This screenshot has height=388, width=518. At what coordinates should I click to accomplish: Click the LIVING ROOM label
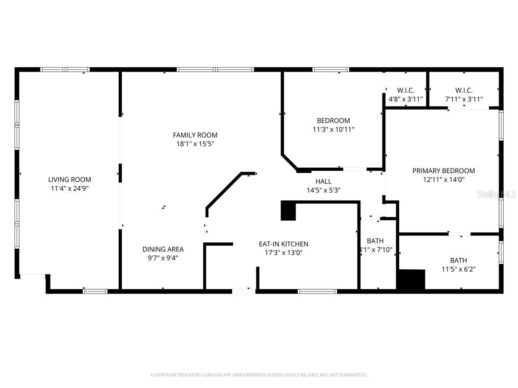(x=69, y=179)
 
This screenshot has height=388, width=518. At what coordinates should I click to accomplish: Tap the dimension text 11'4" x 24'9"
(x=69, y=188)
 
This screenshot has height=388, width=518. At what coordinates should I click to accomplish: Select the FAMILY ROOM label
(x=195, y=135)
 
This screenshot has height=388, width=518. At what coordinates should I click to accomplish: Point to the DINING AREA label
(x=163, y=249)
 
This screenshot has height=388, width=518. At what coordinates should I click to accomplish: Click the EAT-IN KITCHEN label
(x=283, y=244)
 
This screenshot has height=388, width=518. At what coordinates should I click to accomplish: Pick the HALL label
(x=323, y=181)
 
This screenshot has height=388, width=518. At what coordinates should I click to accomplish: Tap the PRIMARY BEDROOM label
(x=443, y=171)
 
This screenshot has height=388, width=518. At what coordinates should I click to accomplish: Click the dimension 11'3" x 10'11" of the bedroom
(x=333, y=129)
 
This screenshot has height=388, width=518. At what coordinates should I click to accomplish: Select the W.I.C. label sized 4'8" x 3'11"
(x=405, y=90)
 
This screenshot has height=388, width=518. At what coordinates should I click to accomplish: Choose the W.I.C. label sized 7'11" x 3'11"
(x=464, y=90)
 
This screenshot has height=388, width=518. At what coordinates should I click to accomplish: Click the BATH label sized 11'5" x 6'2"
(x=458, y=260)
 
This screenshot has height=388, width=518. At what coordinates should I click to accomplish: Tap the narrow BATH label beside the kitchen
(x=375, y=241)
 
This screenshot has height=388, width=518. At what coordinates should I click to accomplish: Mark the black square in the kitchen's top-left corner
(x=288, y=211)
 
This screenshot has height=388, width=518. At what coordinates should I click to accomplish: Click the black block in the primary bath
(x=411, y=279)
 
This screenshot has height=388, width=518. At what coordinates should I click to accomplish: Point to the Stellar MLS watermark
(x=496, y=194)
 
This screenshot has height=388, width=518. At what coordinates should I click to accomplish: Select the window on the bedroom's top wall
(x=331, y=69)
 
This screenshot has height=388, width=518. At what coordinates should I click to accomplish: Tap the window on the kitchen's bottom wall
(x=317, y=291)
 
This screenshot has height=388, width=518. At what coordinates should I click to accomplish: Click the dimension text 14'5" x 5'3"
(x=323, y=190)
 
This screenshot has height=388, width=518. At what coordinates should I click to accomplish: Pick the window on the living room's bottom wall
(x=95, y=291)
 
